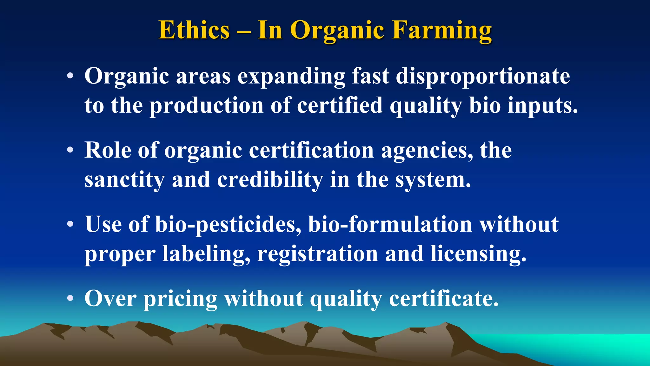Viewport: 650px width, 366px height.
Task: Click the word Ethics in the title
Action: (194, 30)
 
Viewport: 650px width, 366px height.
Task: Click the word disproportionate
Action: (482, 77)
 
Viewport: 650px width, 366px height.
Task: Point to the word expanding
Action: (291, 77)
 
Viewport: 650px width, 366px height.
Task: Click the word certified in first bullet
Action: (340, 106)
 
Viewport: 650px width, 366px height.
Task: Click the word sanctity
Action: (124, 180)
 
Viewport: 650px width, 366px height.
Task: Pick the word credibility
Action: (270, 180)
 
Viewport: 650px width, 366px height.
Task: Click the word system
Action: (433, 180)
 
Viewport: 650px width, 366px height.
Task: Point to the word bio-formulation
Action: (390, 224)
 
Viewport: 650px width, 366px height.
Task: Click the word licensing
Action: (478, 254)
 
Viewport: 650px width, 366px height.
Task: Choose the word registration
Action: (317, 254)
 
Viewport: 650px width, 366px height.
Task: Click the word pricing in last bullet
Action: (180, 299)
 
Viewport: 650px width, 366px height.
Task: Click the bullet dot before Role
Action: (70, 150)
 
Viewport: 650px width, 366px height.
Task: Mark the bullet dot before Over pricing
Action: (70, 299)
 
